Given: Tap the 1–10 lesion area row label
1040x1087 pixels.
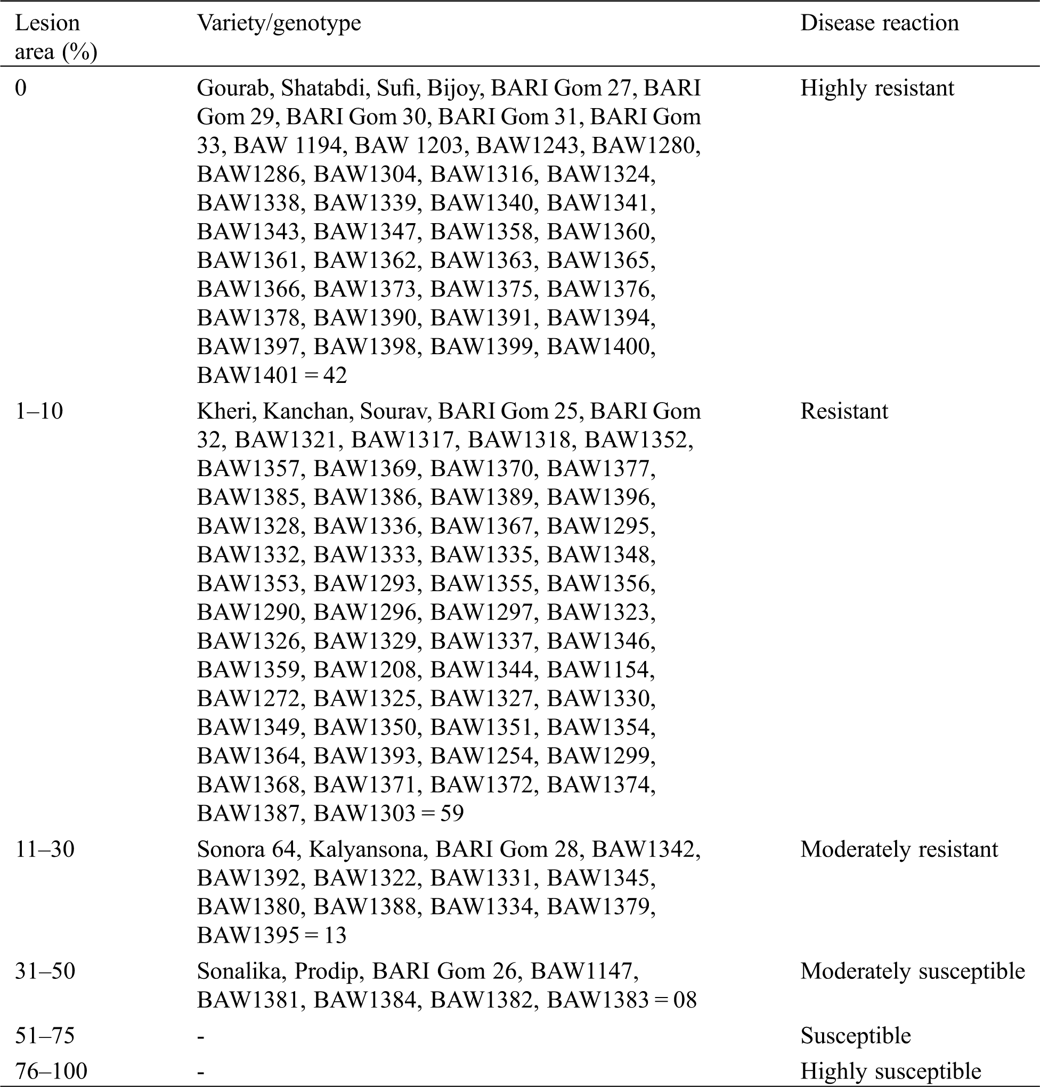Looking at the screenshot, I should tap(39, 411).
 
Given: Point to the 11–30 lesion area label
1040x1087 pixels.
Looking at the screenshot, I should tap(44, 849).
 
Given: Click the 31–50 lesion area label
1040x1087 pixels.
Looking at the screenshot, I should tap(45, 971).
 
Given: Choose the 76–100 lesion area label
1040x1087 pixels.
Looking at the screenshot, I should tap(51, 1071).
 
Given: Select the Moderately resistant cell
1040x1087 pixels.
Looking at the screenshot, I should tap(899, 849).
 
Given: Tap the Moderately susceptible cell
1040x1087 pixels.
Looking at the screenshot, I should tap(913, 971).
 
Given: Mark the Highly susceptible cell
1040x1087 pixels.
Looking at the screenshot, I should tap(890, 1071).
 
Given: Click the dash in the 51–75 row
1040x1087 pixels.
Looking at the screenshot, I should tap(201, 1036).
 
